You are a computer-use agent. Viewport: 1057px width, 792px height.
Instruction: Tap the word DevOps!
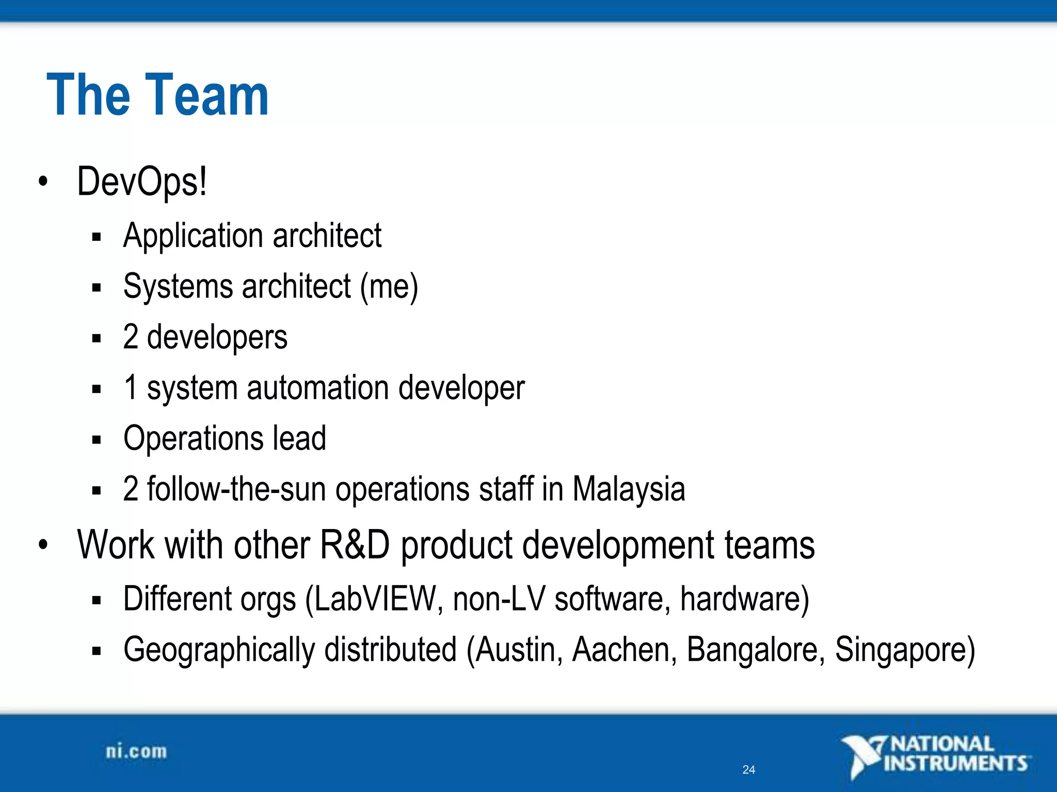pos(142,181)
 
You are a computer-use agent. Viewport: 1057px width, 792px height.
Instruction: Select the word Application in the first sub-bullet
pos(193,236)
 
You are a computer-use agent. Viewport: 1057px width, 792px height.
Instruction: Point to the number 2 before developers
pos(131,337)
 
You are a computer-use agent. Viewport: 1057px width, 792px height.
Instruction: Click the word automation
pos(317,388)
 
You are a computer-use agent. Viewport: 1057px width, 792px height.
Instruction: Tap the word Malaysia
pos(629,489)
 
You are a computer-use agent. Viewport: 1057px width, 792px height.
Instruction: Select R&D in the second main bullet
pos(355,545)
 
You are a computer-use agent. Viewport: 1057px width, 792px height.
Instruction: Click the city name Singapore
pos(901,650)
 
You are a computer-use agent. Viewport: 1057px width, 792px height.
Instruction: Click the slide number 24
pos(748,770)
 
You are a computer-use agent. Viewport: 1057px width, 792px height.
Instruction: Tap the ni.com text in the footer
pos(136,752)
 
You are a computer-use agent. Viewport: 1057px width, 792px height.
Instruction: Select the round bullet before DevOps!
pos(43,182)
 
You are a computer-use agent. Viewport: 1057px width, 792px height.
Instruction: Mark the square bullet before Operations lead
pos(97,440)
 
